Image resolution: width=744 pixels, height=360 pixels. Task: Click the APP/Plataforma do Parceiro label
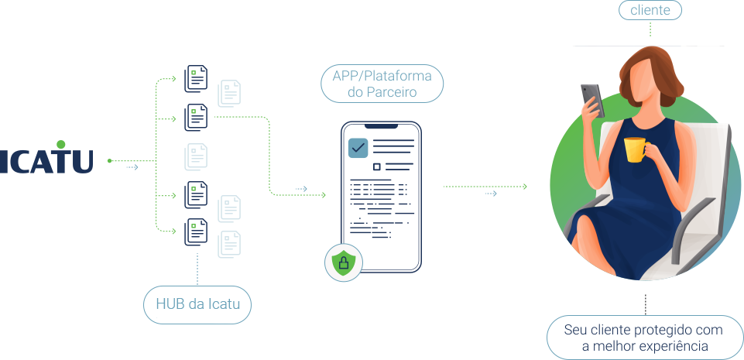pyautogui.click(x=382, y=84)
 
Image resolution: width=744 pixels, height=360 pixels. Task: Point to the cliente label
pyautogui.click(x=650, y=12)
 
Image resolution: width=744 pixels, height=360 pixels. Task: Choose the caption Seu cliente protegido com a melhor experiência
pyautogui.click(x=645, y=338)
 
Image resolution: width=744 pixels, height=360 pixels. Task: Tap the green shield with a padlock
pyautogui.click(x=341, y=264)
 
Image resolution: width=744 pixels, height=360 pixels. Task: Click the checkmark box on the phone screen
pyautogui.click(x=358, y=147)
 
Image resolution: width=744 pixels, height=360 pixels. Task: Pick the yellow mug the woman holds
pyautogui.click(x=635, y=149)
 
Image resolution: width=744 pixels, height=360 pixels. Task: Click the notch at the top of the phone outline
pyautogui.click(x=382, y=125)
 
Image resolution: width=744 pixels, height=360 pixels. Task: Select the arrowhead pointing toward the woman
pyautogui.click(x=525, y=187)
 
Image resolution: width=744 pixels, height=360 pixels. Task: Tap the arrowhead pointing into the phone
pyautogui.click(x=324, y=195)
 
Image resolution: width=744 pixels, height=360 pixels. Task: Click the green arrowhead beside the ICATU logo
pyautogui.click(x=110, y=161)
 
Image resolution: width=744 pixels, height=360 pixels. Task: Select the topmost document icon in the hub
pyautogui.click(x=196, y=79)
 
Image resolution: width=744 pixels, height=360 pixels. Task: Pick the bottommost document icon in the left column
pyautogui.click(x=196, y=232)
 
